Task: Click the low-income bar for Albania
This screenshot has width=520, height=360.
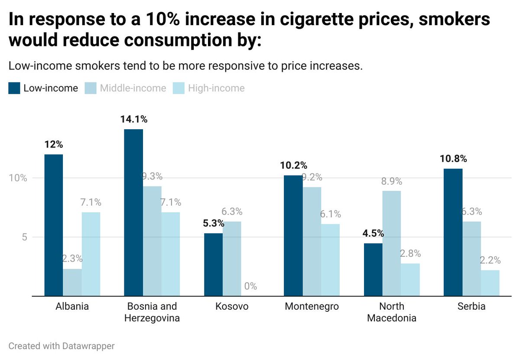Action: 53,225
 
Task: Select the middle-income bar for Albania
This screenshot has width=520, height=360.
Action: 72,282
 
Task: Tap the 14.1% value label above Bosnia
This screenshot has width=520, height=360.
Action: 133,119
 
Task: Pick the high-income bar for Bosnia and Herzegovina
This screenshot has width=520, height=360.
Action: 170,254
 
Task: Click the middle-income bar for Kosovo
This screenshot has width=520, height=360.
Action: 232,259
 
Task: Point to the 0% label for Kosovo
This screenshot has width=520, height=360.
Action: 250,286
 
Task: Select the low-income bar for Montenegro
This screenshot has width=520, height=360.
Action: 293,236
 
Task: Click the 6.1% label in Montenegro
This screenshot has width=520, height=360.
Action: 330,214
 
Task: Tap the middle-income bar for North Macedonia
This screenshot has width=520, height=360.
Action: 391,243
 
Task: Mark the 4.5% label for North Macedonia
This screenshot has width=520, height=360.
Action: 373,233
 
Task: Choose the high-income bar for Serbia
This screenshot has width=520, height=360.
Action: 490,283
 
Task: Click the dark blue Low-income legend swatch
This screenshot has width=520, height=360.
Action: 14,88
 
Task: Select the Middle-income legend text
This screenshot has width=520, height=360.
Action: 133,88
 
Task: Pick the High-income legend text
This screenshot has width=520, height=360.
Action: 216,88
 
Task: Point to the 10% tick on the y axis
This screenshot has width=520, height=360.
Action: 18,178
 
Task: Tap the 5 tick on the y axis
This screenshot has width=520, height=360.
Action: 24,237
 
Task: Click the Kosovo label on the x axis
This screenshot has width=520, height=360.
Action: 232,307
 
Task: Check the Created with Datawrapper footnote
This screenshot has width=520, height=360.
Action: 62,346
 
